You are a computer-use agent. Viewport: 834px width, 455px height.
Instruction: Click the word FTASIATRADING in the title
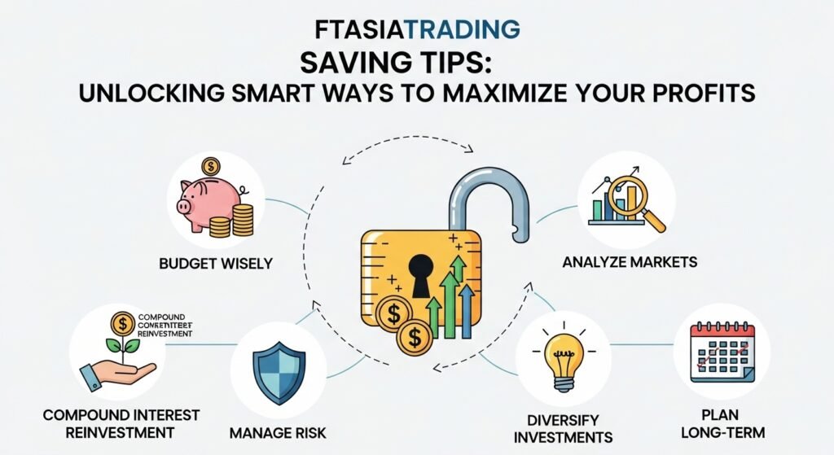coord(417,29)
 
